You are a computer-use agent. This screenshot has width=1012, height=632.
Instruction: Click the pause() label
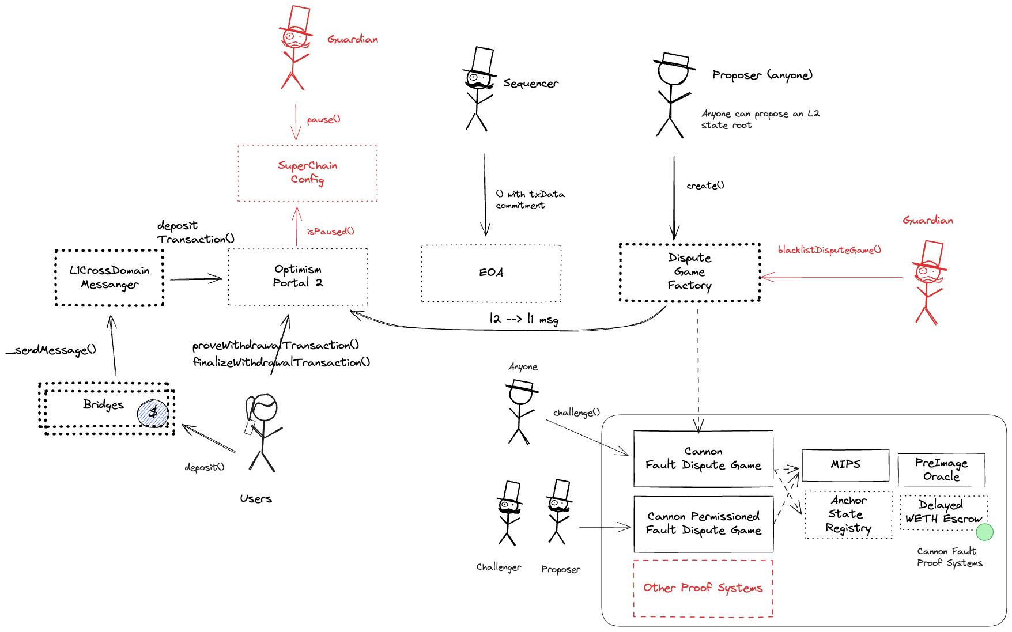point(323,119)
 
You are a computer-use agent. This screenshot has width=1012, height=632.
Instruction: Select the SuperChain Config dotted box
point(307,173)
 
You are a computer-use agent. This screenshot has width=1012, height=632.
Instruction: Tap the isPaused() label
point(330,231)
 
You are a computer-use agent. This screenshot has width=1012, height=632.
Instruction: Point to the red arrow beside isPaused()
point(297,226)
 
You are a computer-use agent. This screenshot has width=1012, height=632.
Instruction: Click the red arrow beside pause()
point(296,122)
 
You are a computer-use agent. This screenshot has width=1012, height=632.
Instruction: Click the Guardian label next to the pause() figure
point(353,39)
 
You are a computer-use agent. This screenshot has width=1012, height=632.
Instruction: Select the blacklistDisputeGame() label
point(829,249)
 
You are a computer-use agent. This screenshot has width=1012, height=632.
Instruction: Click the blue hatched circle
point(153,414)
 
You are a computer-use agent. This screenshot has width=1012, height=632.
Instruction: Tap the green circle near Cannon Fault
point(984,532)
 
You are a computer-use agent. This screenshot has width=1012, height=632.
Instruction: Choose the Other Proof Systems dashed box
point(703,588)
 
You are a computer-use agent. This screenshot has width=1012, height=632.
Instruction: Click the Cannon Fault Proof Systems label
point(949,557)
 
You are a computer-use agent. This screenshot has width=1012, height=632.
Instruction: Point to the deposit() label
point(204,467)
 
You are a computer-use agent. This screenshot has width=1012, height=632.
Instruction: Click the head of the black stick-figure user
point(264,407)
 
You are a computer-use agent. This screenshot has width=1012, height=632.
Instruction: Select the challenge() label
point(576,412)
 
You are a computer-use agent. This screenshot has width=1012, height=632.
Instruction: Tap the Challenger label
point(499,567)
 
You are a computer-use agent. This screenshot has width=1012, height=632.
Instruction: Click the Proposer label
point(561,569)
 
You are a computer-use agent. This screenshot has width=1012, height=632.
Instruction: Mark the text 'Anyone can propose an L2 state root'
point(760,119)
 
